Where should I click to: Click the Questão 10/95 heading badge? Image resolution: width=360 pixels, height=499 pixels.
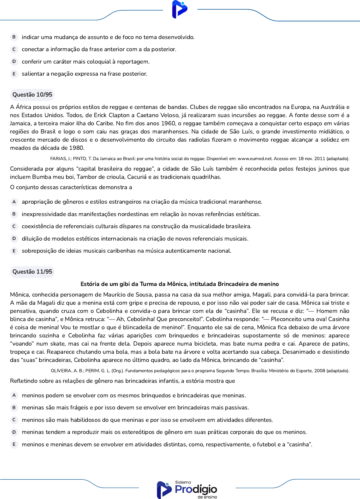32,95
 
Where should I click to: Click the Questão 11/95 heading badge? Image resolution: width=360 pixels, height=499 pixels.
32,272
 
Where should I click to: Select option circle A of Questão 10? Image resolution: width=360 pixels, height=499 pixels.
14,202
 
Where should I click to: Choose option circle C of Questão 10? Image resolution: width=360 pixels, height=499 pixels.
14,226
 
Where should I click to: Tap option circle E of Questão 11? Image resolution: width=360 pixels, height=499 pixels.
14,445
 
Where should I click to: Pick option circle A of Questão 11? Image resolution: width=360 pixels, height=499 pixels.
14,396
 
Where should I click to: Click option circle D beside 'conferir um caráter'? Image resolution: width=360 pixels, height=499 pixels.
14,62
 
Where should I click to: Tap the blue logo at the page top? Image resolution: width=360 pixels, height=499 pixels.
180,9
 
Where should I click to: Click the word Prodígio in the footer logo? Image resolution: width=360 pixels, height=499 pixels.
196,489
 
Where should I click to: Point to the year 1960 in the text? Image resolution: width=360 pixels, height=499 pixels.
168,123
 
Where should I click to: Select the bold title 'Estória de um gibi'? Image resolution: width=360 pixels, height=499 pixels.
180,284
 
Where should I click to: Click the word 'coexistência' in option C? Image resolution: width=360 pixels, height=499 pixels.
38,226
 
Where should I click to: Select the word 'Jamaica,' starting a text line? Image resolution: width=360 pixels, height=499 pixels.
20,123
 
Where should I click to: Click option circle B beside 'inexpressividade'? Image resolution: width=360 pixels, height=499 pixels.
14,214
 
